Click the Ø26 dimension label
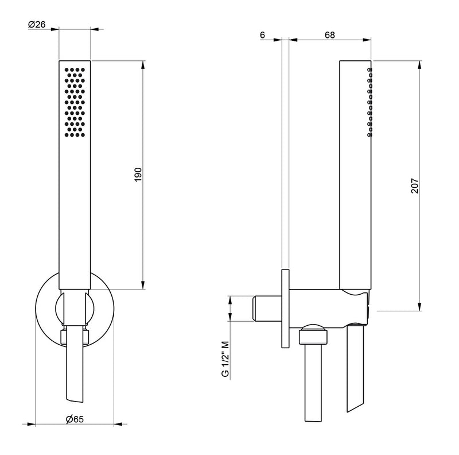[x=37, y=24]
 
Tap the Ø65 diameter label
[x=75, y=420]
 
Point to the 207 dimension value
[x=415, y=185]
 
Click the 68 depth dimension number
[x=329, y=35]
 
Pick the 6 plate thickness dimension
[x=262, y=35]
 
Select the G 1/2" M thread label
[x=225, y=358]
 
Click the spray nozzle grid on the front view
[x=75, y=102]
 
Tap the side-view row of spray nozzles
[x=370, y=102]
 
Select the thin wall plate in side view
[x=285, y=307]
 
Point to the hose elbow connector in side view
[x=313, y=334]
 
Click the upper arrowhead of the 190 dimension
[x=143, y=63]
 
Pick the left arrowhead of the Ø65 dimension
[x=38, y=425]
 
